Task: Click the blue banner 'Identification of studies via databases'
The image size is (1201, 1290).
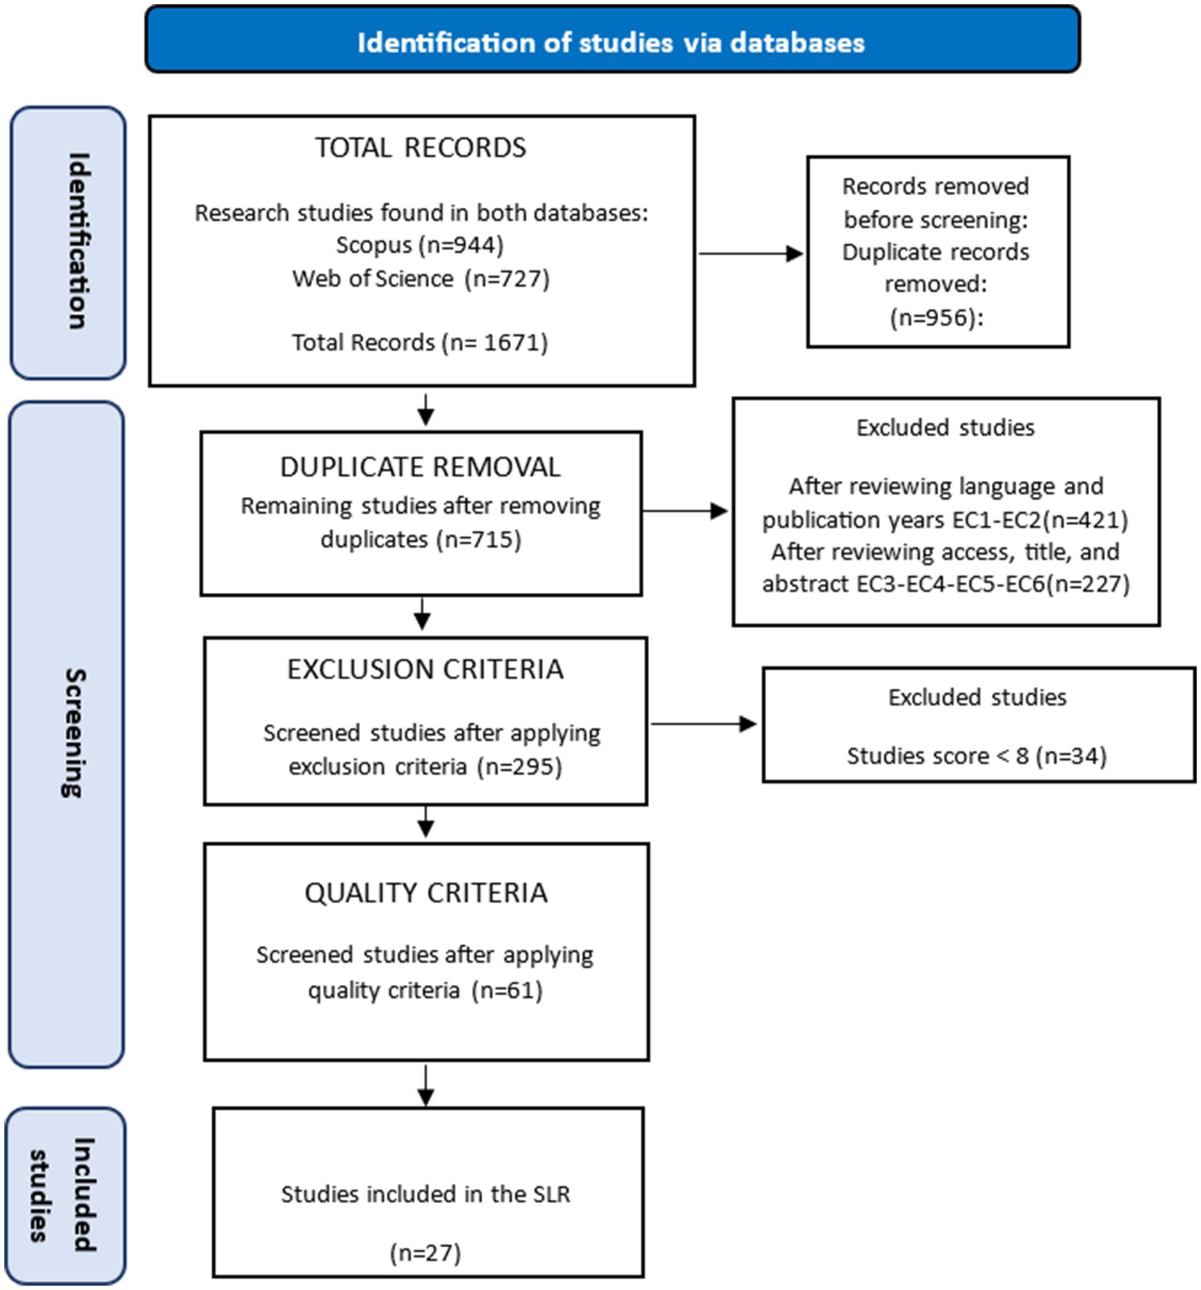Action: (612, 39)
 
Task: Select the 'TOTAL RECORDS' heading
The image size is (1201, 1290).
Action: (420, 147)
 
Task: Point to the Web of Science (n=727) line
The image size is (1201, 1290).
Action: (420, 278)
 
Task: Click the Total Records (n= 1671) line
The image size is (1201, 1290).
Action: (420, 342)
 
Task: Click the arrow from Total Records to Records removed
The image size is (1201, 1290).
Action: (750, 253)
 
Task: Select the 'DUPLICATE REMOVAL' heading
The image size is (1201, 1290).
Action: (420, 467)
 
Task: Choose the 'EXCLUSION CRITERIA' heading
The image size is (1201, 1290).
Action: (425, 669)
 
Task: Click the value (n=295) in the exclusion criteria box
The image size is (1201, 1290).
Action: (519, 766)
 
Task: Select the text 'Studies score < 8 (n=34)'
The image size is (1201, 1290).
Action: (977, 756)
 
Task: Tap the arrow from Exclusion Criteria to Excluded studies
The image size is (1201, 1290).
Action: (704, 723)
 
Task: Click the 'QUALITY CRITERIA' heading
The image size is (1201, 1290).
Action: (426, 893)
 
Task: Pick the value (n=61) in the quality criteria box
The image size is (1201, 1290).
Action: (507, 990)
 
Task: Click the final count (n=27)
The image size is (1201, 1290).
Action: (426, 1252)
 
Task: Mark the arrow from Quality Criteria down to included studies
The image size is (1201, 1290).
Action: (426, 1085)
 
